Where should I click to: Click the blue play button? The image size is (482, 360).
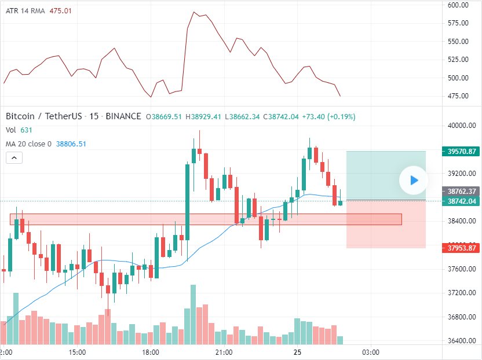[413, 180]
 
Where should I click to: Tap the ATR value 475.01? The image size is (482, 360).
[60, 11]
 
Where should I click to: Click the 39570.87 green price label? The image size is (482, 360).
[462, 152]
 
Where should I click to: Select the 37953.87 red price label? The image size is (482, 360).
[462, 248]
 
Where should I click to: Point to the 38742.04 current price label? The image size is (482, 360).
[462, 201]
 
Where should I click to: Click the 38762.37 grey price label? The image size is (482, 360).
[462, 191]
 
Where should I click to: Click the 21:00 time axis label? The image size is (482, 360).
[224, 352]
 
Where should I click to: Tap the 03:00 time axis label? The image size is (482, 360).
[371, 352]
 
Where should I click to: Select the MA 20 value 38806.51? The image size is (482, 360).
[71, 144]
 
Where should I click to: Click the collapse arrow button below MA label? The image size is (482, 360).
[14, 157]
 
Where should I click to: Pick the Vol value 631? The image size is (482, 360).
[26, 130]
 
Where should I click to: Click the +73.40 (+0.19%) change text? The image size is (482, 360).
[328, 116]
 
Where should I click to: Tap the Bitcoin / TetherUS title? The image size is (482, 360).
[43, 116]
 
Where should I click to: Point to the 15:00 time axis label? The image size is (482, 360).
[77, 352]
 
